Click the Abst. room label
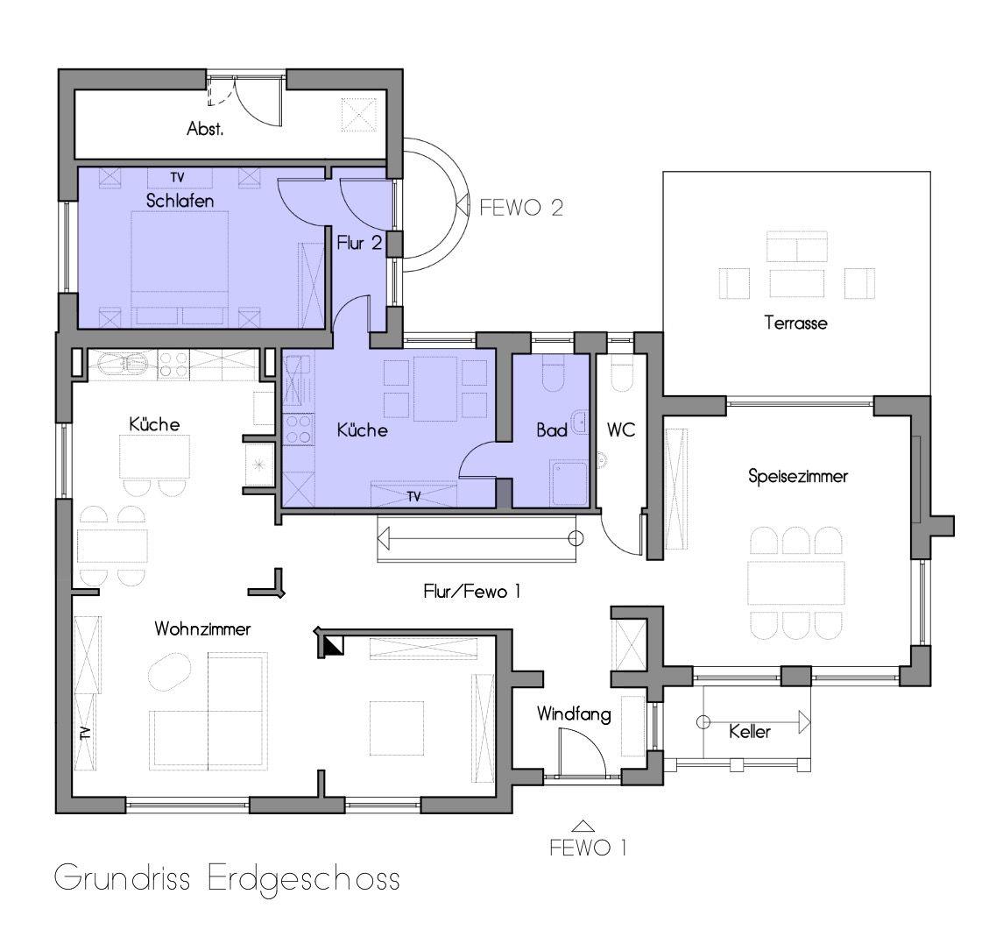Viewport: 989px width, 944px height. pos(205,130)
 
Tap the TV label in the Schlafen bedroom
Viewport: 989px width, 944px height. pos(177,178)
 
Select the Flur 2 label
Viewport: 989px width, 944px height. pos(359,243)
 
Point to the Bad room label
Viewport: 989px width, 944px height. pos(551,430)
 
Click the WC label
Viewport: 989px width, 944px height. pos(621,430)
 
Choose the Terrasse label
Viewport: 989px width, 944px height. pos(795,323)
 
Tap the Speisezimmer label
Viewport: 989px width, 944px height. pos(798,476)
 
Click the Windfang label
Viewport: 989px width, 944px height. pos(574,714)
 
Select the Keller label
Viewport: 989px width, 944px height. pos(749,732)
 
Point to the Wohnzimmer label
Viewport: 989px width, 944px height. pos(202,629)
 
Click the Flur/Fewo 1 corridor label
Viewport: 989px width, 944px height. pos(472,592)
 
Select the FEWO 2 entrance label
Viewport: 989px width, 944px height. pos(521,208)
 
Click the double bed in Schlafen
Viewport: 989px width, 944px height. pos(180,268)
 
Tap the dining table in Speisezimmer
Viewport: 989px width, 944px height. pos(795,582)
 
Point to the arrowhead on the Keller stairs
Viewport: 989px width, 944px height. pos(804,722)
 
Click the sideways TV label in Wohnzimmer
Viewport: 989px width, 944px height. pos(84,733)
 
